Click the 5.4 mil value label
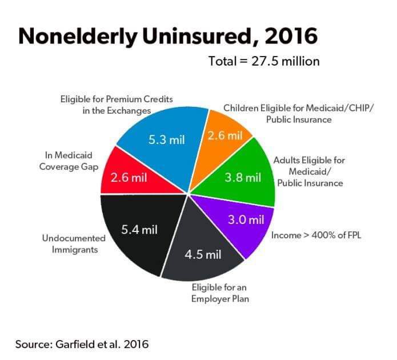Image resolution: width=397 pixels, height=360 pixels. [139, 230]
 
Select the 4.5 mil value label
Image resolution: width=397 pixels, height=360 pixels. [202, 254]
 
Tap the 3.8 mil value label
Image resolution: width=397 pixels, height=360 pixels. [242, 177]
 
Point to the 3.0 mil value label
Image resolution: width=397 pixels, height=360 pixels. [246, 219]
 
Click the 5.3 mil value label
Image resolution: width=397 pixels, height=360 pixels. [167, 139]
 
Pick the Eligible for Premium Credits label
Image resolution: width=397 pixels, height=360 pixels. [116, 105]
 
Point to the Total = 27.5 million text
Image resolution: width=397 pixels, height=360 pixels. [263, 61]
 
